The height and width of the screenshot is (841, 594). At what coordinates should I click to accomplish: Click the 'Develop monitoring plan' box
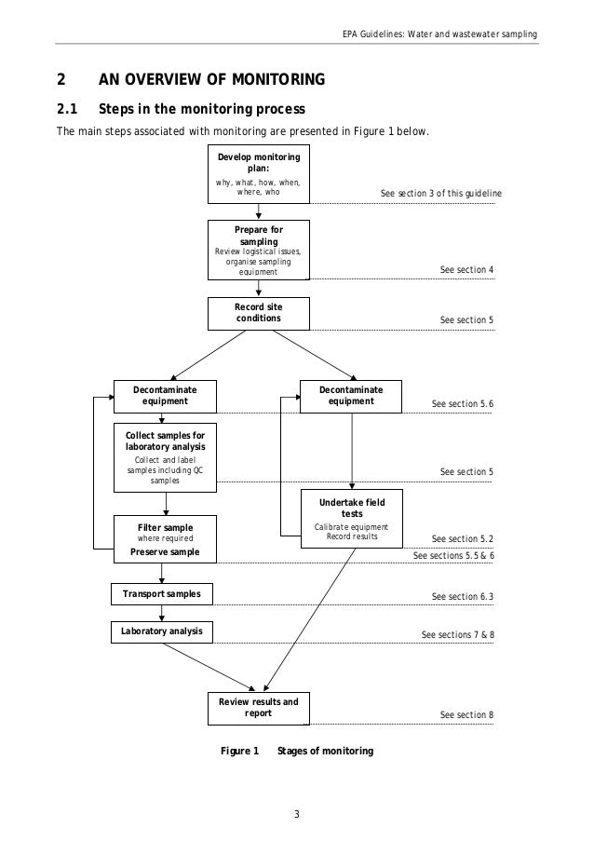click(x=258, y=173)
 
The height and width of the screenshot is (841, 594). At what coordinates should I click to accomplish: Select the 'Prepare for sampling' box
click(x=258, y=250)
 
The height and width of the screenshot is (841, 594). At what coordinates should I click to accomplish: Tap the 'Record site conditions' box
click(x=258, y=313)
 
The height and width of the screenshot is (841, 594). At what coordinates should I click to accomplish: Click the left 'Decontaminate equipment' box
click(x=165, y=396)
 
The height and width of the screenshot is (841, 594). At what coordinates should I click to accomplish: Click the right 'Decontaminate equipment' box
click(x=351, y=396)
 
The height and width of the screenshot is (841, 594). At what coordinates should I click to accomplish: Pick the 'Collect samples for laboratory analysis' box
click(x=165, y=457)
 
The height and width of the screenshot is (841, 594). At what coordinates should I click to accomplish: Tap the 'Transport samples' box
click(x=162, y=593)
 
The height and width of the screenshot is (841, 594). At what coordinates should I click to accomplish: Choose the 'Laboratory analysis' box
click(x=162, y=632)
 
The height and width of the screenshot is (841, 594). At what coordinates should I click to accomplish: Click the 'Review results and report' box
click(x=258, y=708)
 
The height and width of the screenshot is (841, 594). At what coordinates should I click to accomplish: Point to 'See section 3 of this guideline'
click(x=440, y=194)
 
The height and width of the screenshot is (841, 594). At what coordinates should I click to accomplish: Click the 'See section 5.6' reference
click(x=463, y=404)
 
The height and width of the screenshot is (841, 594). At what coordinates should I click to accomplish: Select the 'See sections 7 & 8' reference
click(x=457, y=634)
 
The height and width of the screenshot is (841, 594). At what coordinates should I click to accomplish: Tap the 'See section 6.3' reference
click(x=463, y=596)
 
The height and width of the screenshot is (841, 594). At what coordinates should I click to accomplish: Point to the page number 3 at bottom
click(x=296, y=817)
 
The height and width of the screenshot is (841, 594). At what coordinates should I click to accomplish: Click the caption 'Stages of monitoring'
click(x=325, y=751)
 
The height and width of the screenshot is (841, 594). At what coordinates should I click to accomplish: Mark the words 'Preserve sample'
click(x=165, y=551)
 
